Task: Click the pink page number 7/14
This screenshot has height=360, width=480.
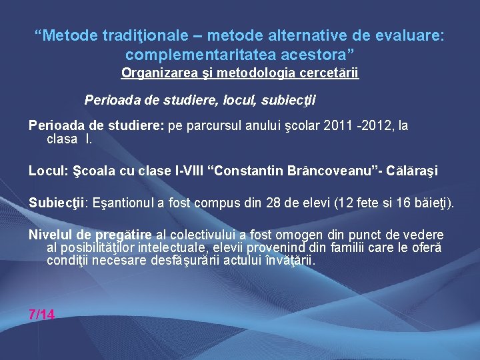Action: tap(42, 315)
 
